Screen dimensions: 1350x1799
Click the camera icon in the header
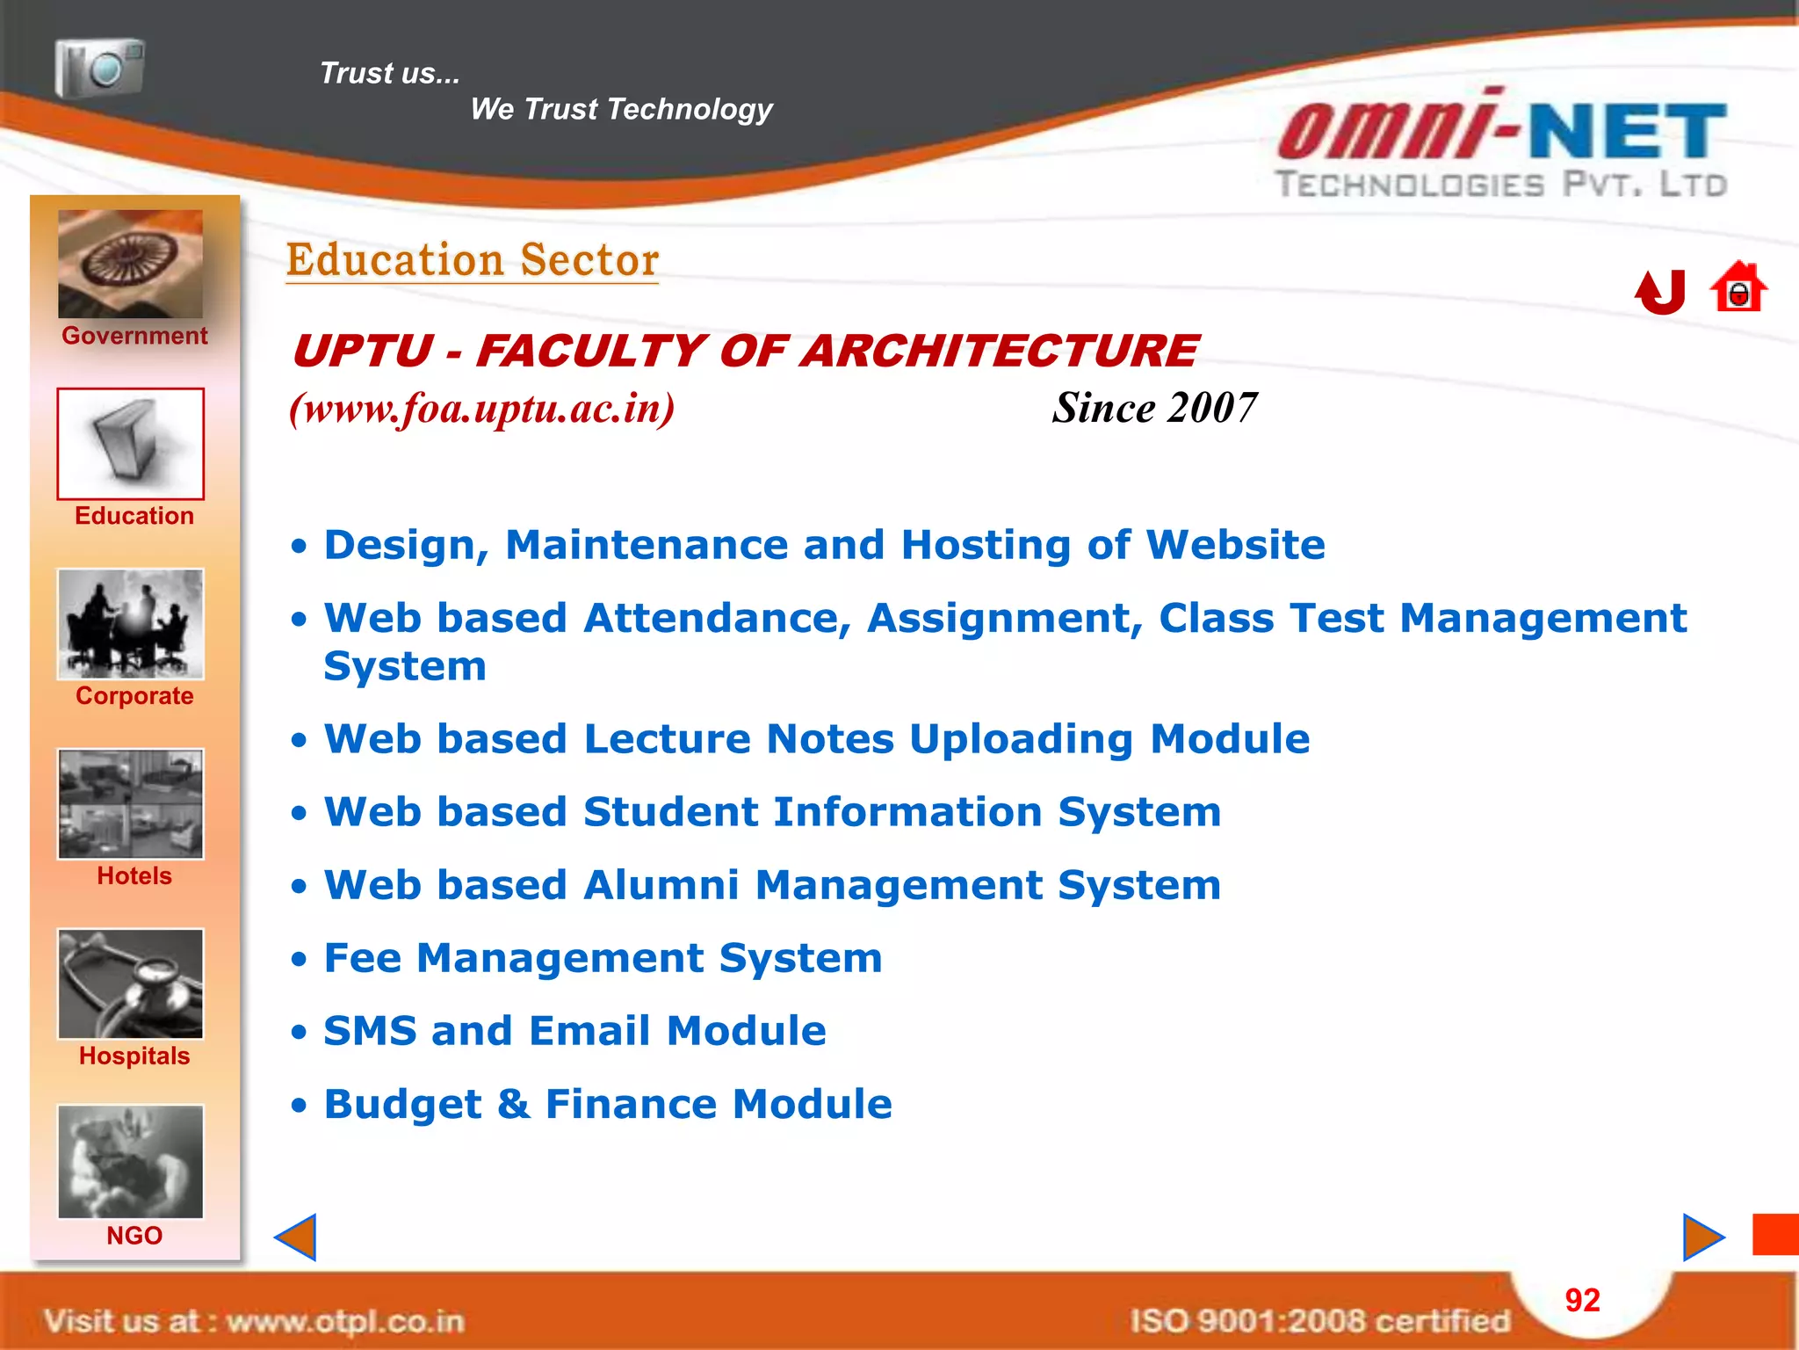[99, 68]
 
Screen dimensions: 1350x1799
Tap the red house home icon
[1738, 287]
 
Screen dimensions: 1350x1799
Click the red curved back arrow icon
[1660, 292]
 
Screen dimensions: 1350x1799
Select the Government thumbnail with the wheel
[130, 264]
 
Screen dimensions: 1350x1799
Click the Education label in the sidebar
[134, 516]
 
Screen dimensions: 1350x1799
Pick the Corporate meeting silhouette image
[130, 624]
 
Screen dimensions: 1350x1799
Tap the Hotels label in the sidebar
[134, 876]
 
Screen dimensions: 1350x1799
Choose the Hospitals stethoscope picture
[130, 984]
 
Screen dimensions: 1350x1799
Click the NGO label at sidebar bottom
[134, 1236]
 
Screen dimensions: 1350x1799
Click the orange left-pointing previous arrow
[296, 1237]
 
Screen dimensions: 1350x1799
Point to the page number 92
[1582, 1301]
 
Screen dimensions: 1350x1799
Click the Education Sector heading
[472, 260]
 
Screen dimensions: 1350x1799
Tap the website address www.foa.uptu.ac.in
[482, 409]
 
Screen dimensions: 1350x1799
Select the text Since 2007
[1154, 408]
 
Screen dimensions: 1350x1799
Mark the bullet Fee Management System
[603, 958]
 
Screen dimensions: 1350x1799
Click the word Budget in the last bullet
[402, 1105]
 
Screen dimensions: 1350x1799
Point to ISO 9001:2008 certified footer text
[1319, 1321]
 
